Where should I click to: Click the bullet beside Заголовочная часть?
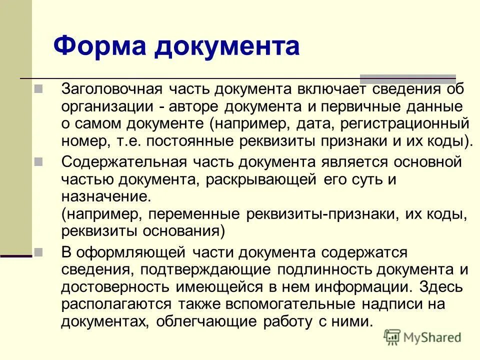(x=38, y=90)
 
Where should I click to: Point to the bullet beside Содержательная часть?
(x=38, y=162)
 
